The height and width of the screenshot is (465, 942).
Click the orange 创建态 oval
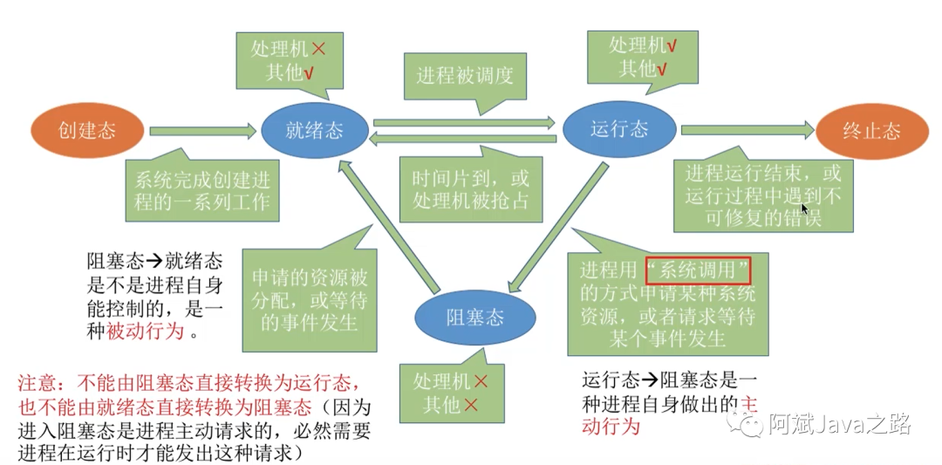coord(86,131)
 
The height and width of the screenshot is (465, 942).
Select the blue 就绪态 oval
coord(314,131)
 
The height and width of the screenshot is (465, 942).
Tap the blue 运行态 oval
coord(618,129)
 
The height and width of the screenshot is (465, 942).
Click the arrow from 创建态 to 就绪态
coord(204,131)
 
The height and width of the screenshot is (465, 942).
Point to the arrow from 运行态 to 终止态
coord(747,130)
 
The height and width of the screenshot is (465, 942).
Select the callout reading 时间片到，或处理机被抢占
coord(470,189)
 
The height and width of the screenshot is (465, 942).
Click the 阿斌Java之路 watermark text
coord(839,425)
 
